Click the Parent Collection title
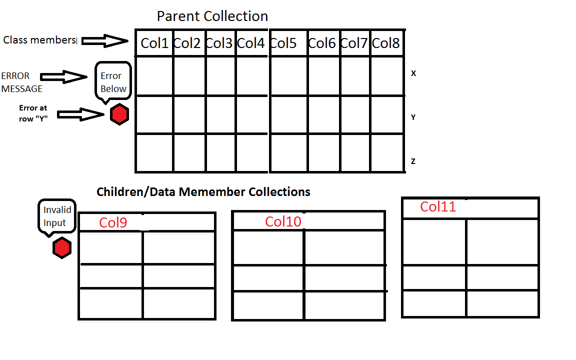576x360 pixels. (212, 16)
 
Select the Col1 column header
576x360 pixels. (154, 43)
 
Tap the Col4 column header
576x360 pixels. (250, 43)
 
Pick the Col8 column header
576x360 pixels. (386, 43)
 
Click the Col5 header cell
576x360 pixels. (283, 43)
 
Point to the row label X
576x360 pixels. (413, 73)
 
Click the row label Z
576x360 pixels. (413, 161)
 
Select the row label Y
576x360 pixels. (413, 117)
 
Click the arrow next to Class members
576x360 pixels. (105, 41)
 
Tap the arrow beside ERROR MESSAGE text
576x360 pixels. (63, 76)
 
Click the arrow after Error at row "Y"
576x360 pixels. (80, 114)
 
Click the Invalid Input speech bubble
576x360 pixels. (57, 216)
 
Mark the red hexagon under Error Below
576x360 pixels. (119, 115)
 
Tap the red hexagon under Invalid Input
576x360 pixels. (62, 248)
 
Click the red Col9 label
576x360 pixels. (113, 222)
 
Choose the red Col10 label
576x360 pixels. (283, 221)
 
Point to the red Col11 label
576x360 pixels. (438, 206)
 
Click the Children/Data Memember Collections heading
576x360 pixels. (203, 191)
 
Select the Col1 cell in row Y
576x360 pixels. (154, 115)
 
